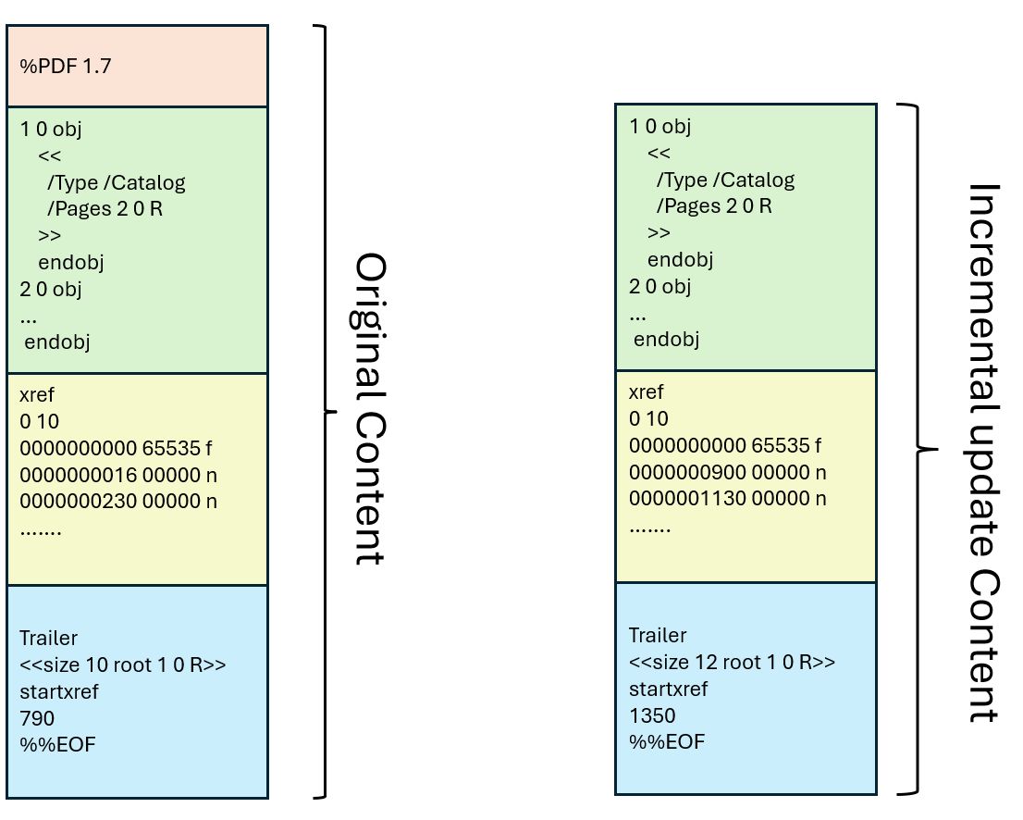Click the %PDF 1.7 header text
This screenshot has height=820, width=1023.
pyautogui.click(x=66, y=67)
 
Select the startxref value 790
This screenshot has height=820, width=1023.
pyautogui.click(x=37, y=718)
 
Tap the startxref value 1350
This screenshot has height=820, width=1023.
pyautogui.click(x=652, y=715)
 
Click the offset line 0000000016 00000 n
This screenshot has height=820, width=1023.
pyautogui.click(x=124, y=475)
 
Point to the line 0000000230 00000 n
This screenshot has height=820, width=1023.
pyautogui.click(x=124, y=502)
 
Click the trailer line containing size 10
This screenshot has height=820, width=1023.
pyautogui.click(x=123, y=665)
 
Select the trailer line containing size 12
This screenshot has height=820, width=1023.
pyautogui.click(x=733, y=663)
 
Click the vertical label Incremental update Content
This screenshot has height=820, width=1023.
pyautogui.click(x=983, y=453)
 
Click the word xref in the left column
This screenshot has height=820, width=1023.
pyautogui.click(x=36, y=395)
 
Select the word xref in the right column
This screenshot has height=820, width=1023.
pyautogui.click(x=646, y=392)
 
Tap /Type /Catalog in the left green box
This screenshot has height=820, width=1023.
pyautogui.click(x=116, y=182)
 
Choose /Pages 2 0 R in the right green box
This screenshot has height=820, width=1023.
pyautogui.click(x=713, y=205)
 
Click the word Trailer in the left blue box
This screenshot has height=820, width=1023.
pyautogui.click(x=49, y=638)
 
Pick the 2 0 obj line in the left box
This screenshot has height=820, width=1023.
pyautogui.click(x=51, y=289)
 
